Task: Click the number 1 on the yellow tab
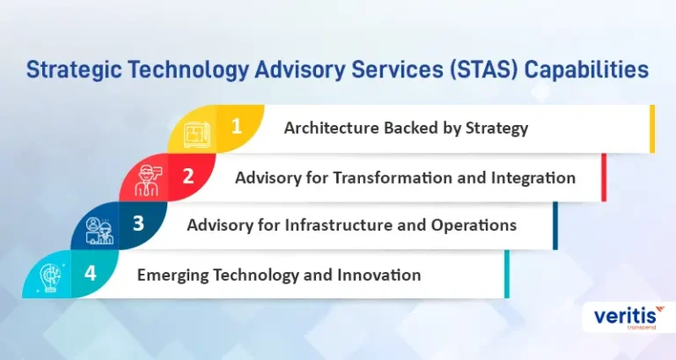236,127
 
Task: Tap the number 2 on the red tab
188,176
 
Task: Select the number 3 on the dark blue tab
138,224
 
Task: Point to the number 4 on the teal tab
90,273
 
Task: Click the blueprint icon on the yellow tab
197,135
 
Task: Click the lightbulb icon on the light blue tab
51,278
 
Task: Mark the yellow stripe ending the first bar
652,129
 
